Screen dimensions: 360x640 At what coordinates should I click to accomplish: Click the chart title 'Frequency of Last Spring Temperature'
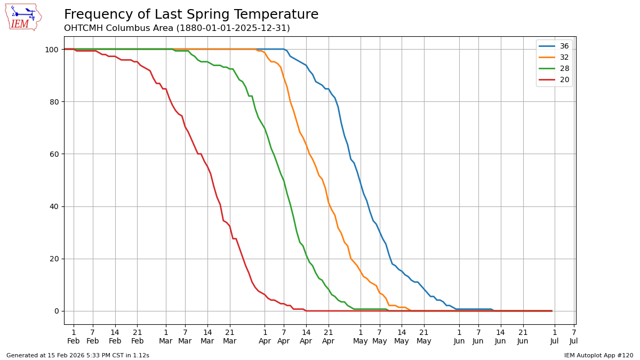point(191,15)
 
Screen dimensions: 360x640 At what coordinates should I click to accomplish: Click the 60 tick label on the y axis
point(54,154)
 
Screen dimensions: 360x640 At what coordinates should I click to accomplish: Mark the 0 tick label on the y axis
point(56,311)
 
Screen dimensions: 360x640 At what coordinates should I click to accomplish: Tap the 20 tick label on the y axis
point(54,259)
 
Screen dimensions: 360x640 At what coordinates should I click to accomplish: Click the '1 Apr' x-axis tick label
point(265,337)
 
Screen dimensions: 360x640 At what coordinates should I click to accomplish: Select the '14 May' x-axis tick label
point(402,337)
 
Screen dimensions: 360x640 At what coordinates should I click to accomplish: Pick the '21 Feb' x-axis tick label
point(137,337)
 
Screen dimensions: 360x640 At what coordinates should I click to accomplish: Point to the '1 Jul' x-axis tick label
point(554,337)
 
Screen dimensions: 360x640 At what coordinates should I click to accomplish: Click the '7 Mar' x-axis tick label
point(185,337)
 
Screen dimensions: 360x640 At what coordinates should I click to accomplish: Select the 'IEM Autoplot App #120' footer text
point(598,355)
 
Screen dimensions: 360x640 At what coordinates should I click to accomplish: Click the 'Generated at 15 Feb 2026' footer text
point(78,355)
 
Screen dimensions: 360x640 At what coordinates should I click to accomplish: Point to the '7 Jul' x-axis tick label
point(573,337)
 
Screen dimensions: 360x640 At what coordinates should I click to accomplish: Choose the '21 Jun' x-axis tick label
point(523,337)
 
